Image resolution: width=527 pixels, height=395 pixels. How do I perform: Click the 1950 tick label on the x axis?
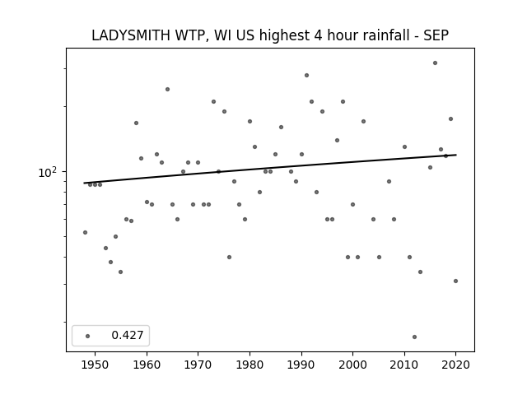click(x=96, y=365)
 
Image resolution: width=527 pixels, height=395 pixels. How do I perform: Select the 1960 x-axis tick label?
click(x=147, y=365)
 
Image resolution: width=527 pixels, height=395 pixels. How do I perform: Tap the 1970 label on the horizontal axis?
click(x=198, y=365)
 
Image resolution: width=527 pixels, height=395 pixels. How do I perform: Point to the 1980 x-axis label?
click(x=250, y=365)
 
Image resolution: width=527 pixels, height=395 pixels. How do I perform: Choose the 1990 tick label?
click(x=301, y=365)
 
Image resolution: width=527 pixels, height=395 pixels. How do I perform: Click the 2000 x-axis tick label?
click(x=352, y=365)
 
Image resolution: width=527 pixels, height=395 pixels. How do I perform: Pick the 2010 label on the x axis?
click(x=404, y=365)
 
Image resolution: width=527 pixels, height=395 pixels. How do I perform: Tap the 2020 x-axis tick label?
click(x=455, y=365)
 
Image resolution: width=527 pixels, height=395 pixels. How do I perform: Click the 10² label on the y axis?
click(x=48, y=172)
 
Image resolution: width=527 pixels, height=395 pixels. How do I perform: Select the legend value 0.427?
click(x=128, y=335)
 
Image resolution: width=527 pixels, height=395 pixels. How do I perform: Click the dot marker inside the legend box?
click(x=88, y=336)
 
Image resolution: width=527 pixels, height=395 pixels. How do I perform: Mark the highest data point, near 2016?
click(x=435, y=63)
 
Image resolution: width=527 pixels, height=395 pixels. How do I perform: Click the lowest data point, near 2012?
click(x=414, y=337)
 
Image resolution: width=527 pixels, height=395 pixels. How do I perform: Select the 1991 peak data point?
click(x=306, y=75)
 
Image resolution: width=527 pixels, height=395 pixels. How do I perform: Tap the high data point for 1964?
click(x=167, y=90)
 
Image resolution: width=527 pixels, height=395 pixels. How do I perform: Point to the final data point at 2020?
click(x=455, y=281)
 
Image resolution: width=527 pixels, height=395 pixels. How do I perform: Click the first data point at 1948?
click(x=85, y=232)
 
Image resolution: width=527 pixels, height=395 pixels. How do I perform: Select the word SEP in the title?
click(x=436, y=35)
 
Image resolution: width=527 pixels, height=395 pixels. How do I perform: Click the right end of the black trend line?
click(x=456, y=155)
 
